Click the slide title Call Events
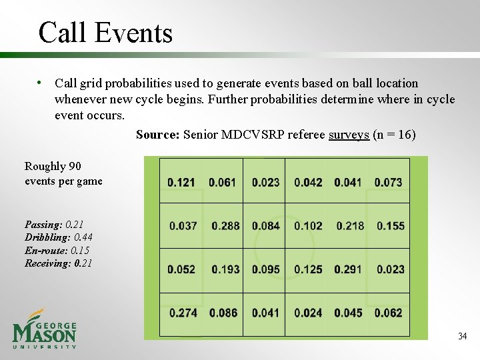point(105,32)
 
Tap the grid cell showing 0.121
point(181,182)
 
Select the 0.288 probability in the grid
point(225,226)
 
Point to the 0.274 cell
point(183,313)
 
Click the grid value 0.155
point(390,226)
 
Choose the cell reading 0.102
point(308,226)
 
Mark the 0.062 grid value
point(388,313)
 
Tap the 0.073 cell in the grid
point(388,182)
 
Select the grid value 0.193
point(225,269)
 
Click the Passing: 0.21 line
point(54,225)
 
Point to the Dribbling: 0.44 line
point(59,238)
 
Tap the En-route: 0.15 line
point(57,251)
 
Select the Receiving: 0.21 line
point(59,263)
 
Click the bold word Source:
point(157,135)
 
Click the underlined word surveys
point(349,135)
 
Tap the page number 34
point(462,336)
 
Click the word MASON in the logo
point(45,332)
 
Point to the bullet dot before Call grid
point(41,83)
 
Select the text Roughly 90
point(53,166)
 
